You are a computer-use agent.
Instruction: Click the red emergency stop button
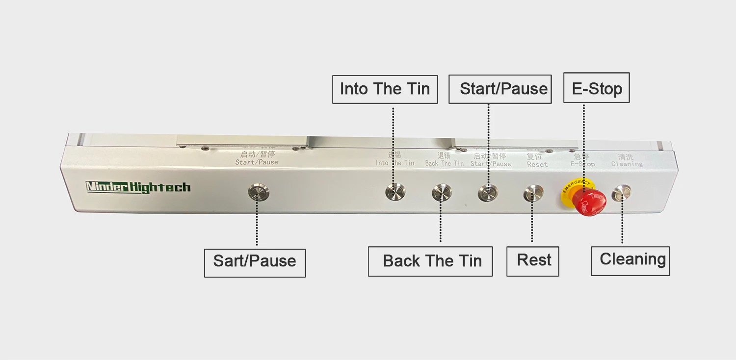coord(591,202)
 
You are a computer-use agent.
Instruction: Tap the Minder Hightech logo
coord(138,187)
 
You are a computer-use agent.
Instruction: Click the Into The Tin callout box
coord(385,89)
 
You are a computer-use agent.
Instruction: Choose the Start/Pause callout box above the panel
coord(500,89)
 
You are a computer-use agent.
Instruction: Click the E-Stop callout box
coord(596,88)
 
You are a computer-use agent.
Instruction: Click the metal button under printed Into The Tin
coord(395,192)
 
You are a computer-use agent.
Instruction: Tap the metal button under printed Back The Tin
coord(442,192)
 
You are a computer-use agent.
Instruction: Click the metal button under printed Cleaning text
coord(622,192)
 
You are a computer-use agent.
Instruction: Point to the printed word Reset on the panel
coord(537,165)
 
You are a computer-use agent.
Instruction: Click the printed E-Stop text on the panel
coord(582,164)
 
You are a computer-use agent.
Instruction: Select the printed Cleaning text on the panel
coord(627,164)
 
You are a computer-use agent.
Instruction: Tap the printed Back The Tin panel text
coord(444,164)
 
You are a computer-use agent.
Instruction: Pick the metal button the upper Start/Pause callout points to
coord(488,192)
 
